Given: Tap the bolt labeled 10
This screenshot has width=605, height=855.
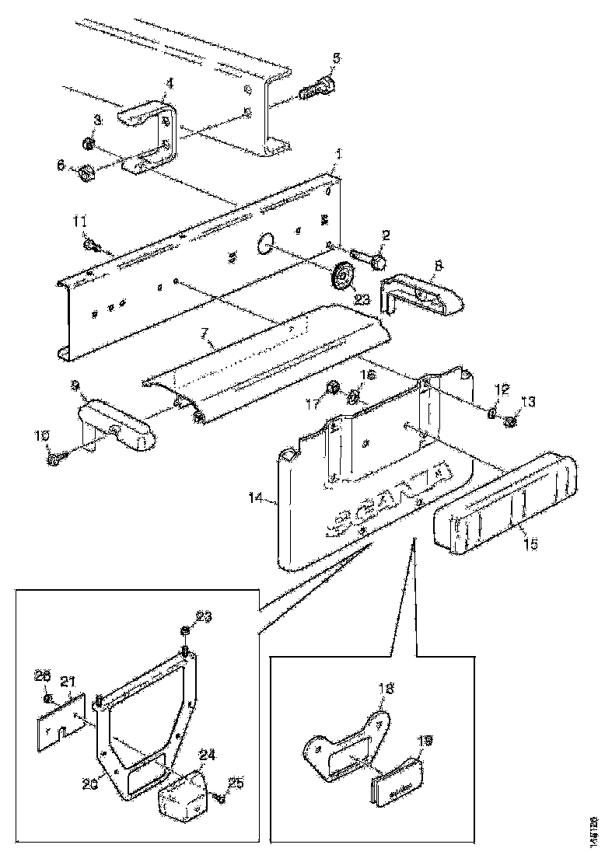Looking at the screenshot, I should click(57, 459).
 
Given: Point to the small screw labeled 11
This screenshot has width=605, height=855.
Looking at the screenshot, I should click(89, 246).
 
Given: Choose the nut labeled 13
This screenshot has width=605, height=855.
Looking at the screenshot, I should click(511, 421).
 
